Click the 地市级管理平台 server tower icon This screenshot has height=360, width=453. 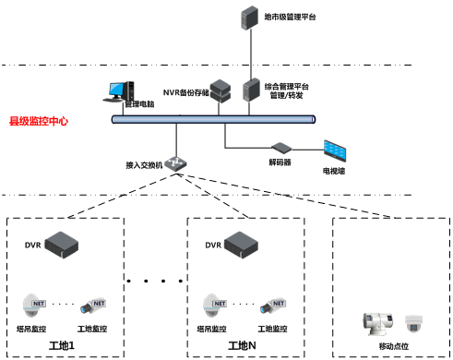[x=247, y=18]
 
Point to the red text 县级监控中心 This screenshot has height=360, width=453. [x=38, y=121]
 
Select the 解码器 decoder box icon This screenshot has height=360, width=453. [x=280, y=147]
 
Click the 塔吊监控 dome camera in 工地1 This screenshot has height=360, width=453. [x=36, y=304]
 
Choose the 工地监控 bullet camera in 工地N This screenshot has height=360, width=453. [x=273, y=305]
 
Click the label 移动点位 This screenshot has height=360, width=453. [x=393, y=348]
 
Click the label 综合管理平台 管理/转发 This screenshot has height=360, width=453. [x=288, y=90]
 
